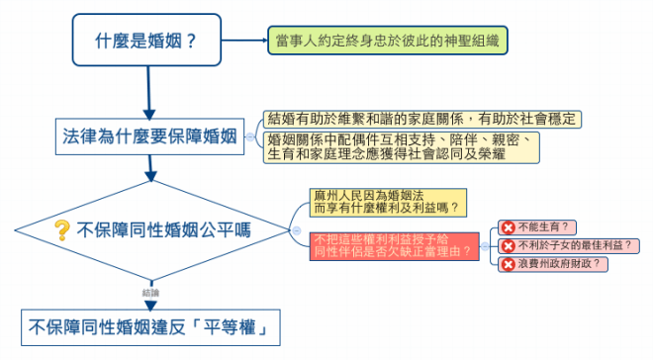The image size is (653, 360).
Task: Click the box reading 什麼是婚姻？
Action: [146, 40]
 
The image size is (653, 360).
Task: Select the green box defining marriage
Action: [388, 41]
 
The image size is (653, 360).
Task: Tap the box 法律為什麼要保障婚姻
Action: [150, 136]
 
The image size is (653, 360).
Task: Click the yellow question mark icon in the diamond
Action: [62, 230]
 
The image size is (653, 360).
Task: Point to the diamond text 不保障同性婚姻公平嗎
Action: [163, 230]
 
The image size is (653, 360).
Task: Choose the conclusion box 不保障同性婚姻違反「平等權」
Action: [150, 327]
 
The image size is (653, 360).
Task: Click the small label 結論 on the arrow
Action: [150, 293]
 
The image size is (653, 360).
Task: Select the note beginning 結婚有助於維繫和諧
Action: [422, 120]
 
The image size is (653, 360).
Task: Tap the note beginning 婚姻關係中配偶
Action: [402, 147]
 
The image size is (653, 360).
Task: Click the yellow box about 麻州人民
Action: [388, 203]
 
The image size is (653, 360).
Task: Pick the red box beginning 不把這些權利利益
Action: [395, 246]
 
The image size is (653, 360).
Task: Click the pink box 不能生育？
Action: [537, 227]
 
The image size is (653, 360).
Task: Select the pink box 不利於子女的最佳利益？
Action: [569, 246]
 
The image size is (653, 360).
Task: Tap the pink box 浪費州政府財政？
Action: [553, 264]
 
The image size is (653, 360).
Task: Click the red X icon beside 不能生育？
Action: [509, 227]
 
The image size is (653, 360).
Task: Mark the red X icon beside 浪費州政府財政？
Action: [509, 264]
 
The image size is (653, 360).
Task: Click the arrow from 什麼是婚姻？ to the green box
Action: [244, 41]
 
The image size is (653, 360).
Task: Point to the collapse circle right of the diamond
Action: [297, 230]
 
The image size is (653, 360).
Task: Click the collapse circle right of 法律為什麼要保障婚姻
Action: [250, 136]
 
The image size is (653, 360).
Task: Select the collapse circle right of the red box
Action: [485, 246]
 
